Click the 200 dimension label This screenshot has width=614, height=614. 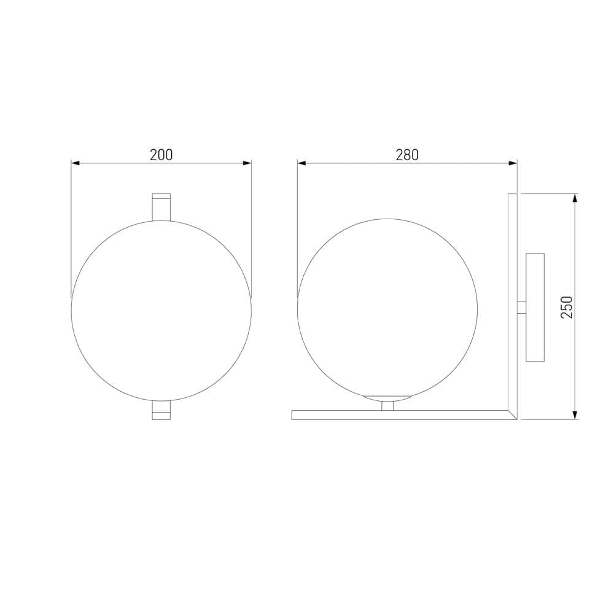tap(161, 155)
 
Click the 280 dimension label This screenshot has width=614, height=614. tap(407, 155)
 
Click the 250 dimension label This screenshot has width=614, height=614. tap(567, 307)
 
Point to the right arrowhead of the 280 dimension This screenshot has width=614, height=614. tap(513, 163)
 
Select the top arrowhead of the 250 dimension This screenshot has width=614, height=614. tap(575, 198)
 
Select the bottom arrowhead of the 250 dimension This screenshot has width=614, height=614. tap(575, 415)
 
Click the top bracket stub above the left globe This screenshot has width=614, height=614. tap(161, 206)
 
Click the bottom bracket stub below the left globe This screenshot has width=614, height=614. tap(161, 411)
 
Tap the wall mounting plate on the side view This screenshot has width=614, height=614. tap(535, 307)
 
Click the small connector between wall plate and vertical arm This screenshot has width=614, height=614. tap(521, 308)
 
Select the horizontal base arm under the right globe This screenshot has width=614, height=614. tap(399, 415)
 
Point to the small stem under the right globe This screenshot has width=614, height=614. tap(387, 405)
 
